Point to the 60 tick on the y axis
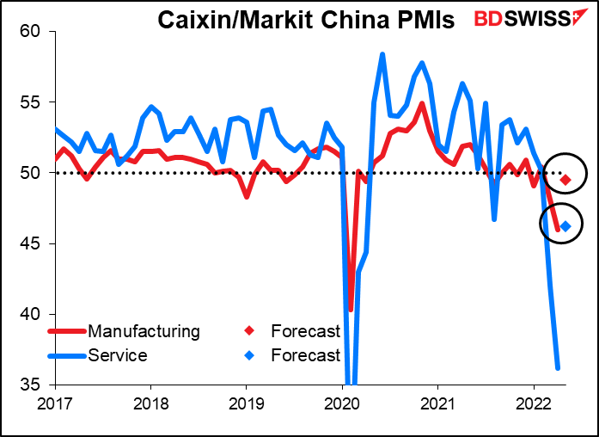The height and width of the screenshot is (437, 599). point(31,32)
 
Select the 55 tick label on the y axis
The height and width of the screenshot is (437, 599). point(31,102)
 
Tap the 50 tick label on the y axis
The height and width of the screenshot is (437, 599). point(31,173)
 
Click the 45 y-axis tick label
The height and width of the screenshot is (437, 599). point(31,243)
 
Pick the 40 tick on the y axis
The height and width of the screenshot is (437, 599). point(31,314)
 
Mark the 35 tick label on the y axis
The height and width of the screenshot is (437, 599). point(31,385)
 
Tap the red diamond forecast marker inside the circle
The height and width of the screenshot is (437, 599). point(565,180)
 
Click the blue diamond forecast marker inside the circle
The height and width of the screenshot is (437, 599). point(565,226)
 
